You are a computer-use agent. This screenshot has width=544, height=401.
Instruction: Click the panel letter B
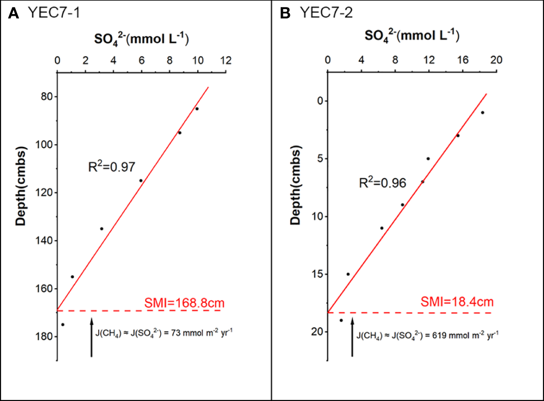click(285, 13)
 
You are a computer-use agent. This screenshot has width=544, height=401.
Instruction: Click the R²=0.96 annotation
click(382, 183)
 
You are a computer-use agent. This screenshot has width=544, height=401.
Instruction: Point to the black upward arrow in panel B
click(352, 337)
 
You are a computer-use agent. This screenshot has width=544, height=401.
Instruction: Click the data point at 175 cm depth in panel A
click(63, 325)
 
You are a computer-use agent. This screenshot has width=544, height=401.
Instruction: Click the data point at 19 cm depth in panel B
click(341, 320)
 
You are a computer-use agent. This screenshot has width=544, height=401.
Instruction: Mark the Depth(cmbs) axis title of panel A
click(20, 186)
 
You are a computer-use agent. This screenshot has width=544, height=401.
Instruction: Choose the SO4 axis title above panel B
click(412, 36)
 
